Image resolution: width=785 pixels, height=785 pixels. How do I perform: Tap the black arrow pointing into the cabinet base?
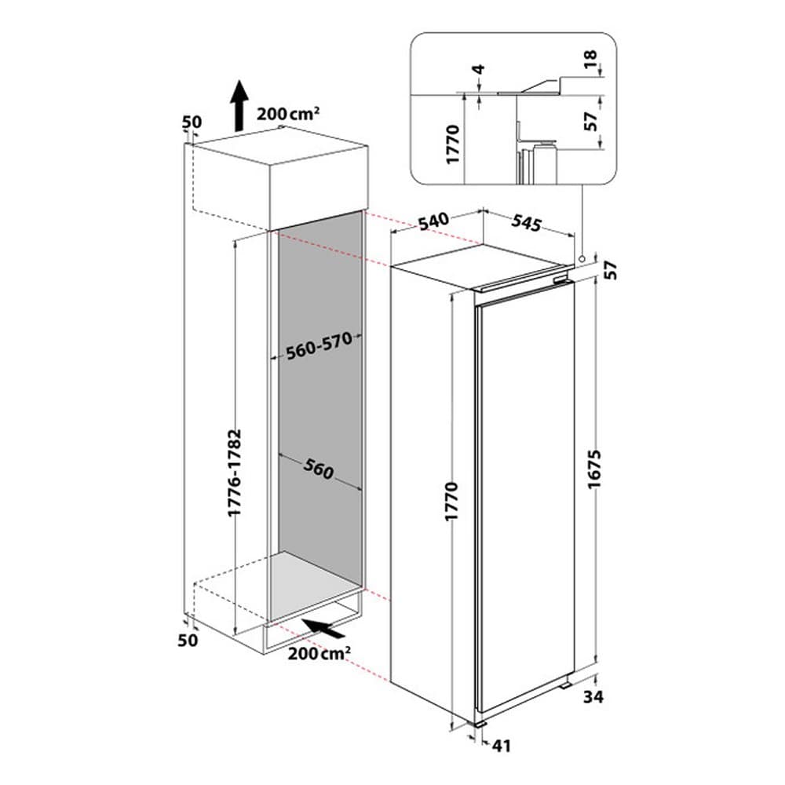[x=323, y=627]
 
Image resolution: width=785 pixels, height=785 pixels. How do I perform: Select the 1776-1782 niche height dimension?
[x=234, y=472]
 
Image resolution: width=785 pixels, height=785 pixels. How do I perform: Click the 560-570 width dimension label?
[x=319, y=346]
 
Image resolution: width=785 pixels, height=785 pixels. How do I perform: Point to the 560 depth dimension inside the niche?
[x=319, y=469]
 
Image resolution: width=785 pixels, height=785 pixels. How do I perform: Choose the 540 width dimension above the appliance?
[x=433, y=221]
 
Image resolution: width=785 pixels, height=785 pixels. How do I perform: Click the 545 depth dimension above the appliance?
[x=526, y=222]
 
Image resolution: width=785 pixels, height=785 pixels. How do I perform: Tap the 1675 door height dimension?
[x=593, y=469]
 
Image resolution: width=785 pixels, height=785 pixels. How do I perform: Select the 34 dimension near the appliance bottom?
[x=593, y=696]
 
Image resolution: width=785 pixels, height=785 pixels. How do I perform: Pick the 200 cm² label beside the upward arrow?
[x=288, y=114]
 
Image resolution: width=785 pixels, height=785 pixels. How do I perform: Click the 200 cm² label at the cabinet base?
[x=319, y=653]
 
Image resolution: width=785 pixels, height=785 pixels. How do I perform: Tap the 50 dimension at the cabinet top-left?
[x=192, y=122]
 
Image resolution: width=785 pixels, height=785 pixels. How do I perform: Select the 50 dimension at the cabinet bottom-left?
[x=188, y=640]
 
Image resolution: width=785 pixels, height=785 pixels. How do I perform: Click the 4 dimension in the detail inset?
[x=479, y=68]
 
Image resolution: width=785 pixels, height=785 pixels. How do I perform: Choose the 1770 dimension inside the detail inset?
[x=452, y=144]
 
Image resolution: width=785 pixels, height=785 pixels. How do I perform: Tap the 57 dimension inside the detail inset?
[x=591, y=121]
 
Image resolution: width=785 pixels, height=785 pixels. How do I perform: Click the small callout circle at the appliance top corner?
[x=581, y=259]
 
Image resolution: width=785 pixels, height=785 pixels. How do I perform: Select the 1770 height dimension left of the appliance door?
[x=451, y=501]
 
